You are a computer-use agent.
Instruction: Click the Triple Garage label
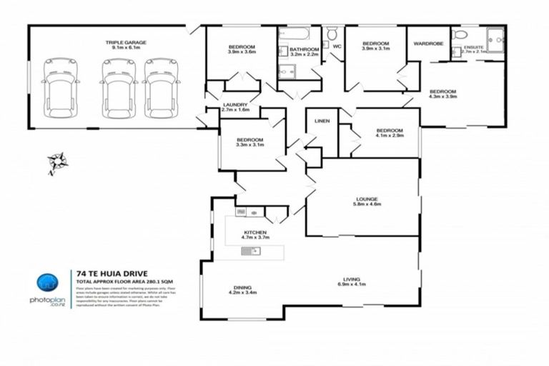[126, 43]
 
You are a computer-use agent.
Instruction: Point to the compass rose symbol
[56, 162]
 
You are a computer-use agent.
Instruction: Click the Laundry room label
[235, 104]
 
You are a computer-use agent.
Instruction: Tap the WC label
[337, 46]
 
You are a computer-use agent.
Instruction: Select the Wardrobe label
[428, 44]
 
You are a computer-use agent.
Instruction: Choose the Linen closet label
[322, 122]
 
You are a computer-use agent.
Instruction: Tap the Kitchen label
[255, 233]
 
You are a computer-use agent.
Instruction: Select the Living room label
[350, 280]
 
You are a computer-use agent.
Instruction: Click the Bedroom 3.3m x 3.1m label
[250, 144]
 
